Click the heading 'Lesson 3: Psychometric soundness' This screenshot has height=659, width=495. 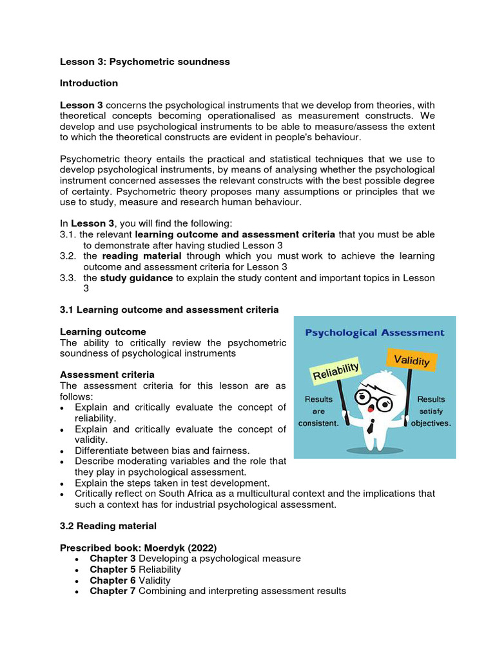coord(144,62)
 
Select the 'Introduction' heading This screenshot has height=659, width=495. coord(89,83)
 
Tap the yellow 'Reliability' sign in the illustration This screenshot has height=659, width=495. coord(335,371)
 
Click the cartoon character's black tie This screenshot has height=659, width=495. coord(372,426)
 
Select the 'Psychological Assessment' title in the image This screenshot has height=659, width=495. coord(374,333)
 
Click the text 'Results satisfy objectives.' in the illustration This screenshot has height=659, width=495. coord(430,411)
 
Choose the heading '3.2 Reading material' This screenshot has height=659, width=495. coord(108,526)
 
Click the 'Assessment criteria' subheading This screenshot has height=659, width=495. coord(107,375)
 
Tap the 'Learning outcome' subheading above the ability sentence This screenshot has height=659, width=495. coord(103,331)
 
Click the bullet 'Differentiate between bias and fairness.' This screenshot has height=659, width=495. coord(162,450)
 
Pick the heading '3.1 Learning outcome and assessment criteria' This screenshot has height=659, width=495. coord(169,310)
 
